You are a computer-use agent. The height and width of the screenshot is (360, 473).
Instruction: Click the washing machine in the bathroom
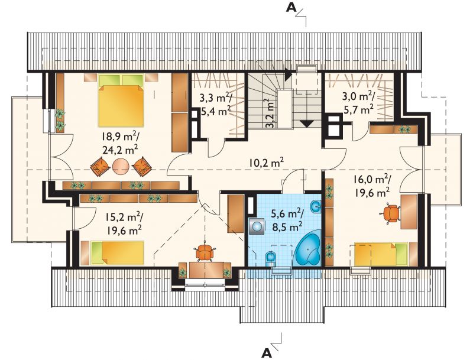[x=257, y=226]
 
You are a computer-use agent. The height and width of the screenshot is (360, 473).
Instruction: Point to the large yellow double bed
[x=121, y=100]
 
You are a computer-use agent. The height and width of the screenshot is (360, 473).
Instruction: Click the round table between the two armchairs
[x=121, y=167]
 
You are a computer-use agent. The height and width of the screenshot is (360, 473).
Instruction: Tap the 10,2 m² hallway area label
[x=266, y=163]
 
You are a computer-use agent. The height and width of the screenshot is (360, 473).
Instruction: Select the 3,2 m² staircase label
[x=270, y=113]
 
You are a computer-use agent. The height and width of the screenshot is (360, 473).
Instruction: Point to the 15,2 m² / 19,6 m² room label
[x=124, y=223]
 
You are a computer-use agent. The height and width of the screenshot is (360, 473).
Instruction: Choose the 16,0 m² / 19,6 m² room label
[x=372, y=186]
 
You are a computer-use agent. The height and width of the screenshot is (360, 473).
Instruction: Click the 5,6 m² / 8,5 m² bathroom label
[x=287, y=220]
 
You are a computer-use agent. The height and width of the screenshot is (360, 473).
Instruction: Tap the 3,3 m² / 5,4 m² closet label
[x=215, y=104]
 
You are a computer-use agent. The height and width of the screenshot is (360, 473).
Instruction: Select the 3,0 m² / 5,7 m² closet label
[x=358, y=103]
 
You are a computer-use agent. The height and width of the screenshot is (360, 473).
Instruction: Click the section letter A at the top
[x=291, y=8]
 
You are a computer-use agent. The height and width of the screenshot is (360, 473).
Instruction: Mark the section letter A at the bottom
[x=267, y=352]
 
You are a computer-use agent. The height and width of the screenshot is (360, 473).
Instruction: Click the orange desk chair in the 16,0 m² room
[x=391, y=213]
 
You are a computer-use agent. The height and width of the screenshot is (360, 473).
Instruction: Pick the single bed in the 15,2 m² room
[x=112, y=253]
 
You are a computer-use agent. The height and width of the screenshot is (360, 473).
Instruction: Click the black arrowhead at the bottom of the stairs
[x=307, y=124]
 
